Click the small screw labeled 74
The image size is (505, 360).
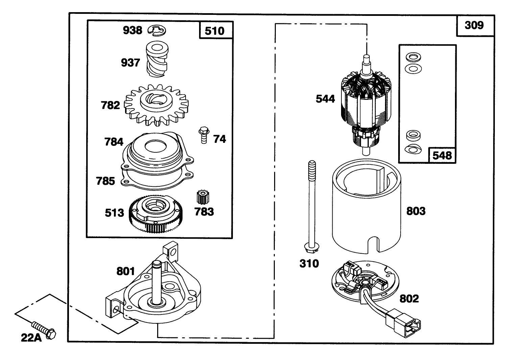coord(203,135)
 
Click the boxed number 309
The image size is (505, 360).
coord(474,25)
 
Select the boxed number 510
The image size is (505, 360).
coord(215,31)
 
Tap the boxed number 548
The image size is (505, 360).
coord(442,155)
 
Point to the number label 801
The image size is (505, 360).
coord(125,271)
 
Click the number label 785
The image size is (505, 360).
coord(105,181)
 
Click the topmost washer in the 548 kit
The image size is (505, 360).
coord(412,56)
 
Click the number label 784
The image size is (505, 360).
coord(114,142)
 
